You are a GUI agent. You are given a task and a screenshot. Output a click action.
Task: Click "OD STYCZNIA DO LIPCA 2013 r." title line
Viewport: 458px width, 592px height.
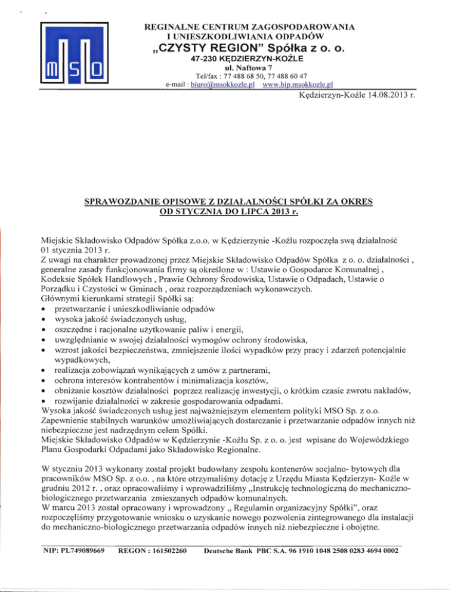point(230,212)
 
